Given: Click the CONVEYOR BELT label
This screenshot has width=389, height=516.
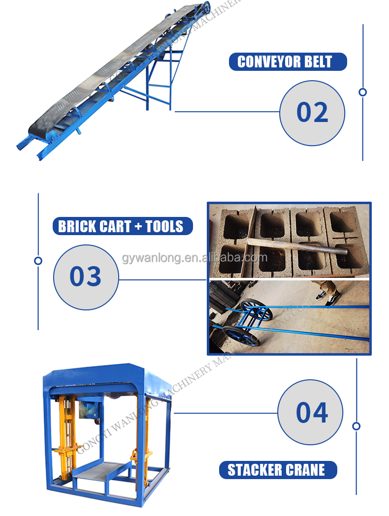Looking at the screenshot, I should pyautogui.click(x=288, y=62).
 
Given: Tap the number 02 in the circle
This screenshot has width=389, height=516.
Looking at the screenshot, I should pyautogui.click(x=312, y=113).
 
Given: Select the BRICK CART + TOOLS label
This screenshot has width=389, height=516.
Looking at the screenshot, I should pyautogui.click(x=122, y=226).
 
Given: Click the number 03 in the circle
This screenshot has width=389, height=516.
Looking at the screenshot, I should pyautogui.click(x=86, y=276).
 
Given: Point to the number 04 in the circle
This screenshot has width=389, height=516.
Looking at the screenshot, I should pyautogui.click(x=312, y=412).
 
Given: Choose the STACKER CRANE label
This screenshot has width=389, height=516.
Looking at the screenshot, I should pyautogui.click(x=277, y=470).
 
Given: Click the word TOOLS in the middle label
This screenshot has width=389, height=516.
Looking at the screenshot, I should pyautogui.click(x=164, y=226).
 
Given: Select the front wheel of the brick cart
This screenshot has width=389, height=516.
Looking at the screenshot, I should pyautogui.click(x=241, y=336).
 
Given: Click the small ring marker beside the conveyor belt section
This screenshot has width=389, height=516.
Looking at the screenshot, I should pyautogui.click(x=363, y=92).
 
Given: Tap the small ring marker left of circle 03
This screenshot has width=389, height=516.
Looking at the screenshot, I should pyautogui.click(x=38, y=261).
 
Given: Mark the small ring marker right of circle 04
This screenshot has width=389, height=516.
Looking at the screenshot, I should pyautogui.click(x=357, y=426).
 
